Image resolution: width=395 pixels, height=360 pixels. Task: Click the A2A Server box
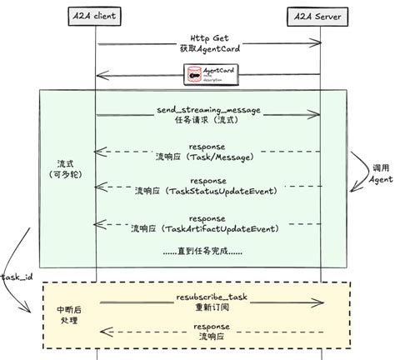point(321,16)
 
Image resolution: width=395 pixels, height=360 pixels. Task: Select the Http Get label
point(209,37)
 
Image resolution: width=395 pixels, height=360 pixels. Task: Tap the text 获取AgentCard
point(209,48)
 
